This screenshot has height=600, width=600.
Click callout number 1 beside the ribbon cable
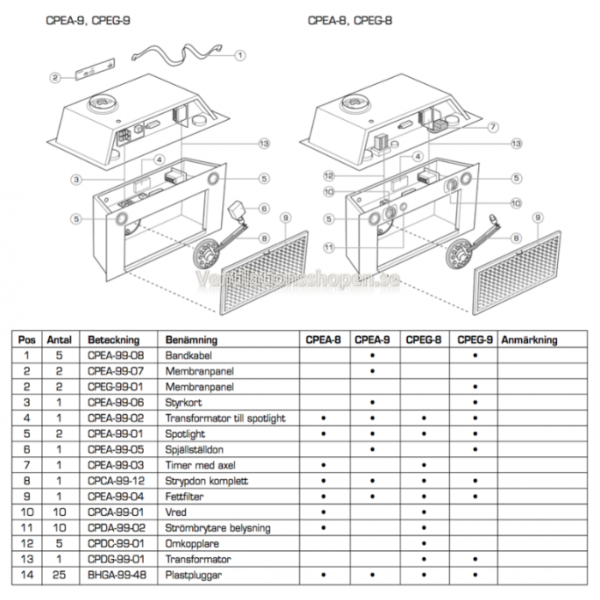(x=241, y=54)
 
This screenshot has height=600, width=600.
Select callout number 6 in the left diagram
(x=265, y=208)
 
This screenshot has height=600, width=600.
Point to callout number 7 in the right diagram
(x=493, y=127)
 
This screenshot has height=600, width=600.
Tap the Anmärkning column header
(x=529, y=339)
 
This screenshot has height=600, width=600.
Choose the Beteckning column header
(x=113, y=339)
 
